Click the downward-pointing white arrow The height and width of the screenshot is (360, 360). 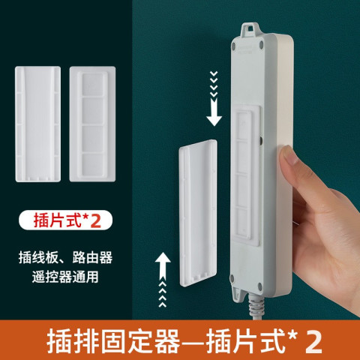214,112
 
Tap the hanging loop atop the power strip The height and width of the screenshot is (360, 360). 250,30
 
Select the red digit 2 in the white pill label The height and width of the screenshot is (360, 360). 95,220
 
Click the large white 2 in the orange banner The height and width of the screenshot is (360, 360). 313,341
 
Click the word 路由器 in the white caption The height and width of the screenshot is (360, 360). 92,257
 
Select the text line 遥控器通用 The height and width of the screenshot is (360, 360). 65,277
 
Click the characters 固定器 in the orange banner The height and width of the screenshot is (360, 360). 140,341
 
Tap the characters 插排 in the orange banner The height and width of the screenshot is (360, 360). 73,341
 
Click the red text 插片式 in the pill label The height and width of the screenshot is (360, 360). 58,220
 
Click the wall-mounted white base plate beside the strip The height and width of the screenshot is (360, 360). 198,213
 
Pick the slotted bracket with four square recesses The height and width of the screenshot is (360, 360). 92,124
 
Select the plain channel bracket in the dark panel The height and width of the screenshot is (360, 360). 37,124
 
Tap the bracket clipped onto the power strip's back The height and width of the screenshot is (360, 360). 246,175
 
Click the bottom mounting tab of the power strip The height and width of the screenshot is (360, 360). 238,293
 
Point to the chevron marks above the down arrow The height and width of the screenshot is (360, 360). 214,84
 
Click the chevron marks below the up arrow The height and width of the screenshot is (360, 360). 163,294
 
